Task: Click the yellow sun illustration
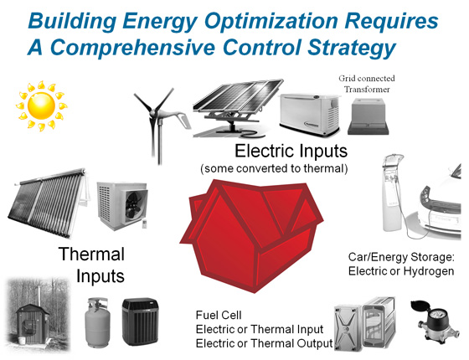tap(42, 105)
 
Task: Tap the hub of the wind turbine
tap(153, 113)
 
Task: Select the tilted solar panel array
tap(237, 108)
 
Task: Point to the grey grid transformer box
tap(368, 116)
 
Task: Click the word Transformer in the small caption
tap(367, 90)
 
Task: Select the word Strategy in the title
tap(352, 48)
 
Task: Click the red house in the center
tap(251, 234)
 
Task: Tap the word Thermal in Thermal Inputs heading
tap(91, 255)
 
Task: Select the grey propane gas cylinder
tap(97, 323)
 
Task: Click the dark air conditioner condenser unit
tap(141, 321)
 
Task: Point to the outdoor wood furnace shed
tap(33, 323)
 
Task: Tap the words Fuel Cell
tap(219, 315)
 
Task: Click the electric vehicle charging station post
tap(392, 193)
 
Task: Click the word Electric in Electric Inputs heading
tap(265, 151)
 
